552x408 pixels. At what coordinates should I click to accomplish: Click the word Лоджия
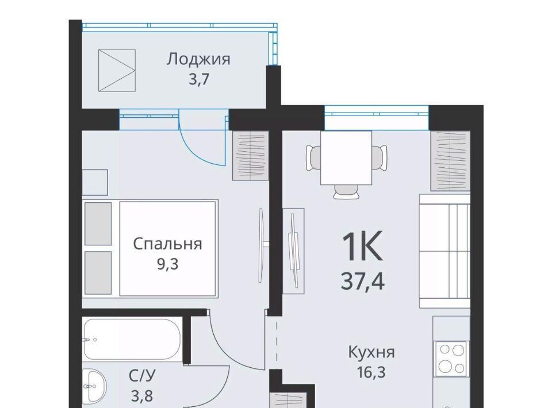pyautogui.click(x=198, y=60)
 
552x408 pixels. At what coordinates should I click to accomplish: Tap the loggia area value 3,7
pyautogui.click(x=199, y=79)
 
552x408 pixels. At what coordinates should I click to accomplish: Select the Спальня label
pyautogui.click(x=167, y=244)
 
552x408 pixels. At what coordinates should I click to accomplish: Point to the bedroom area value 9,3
pyautogui.click(x=167, y=264)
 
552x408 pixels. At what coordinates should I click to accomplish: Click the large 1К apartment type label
pyautogui.click(x=362, y=247)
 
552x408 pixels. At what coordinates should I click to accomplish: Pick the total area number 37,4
pyautogui.click(x=363, y=282)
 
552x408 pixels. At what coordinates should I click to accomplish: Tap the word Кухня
pyautogui.click(x=371, y=352)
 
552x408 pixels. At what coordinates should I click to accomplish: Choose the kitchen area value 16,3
pyautogui.click(x=371, y=372)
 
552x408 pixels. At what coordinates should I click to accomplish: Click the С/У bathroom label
pyautogui.click(x=142, y=376)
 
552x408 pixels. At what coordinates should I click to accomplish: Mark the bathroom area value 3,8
pyautogui.click(x=142, y=396)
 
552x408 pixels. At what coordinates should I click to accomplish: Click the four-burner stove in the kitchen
pyautogui.click(x=452, y=359)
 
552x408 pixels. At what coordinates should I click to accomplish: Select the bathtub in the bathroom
pyautogui.click(x=133, y=339)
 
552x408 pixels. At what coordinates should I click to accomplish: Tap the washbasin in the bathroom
pyautogui.click(x=94, y=386)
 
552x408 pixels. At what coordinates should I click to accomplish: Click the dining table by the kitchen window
pyautogui.click(x=346, y=158)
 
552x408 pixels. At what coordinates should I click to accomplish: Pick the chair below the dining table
pyautogui.click(x=346, y=191)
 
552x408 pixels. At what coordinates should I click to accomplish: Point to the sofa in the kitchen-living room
pyautogui.click(x=444, y=251)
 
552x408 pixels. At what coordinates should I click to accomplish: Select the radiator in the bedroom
pyautogui.click(x=251, y=156)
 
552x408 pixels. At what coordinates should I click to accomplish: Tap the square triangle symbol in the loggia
pyautogui.click(x=117, y=70)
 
